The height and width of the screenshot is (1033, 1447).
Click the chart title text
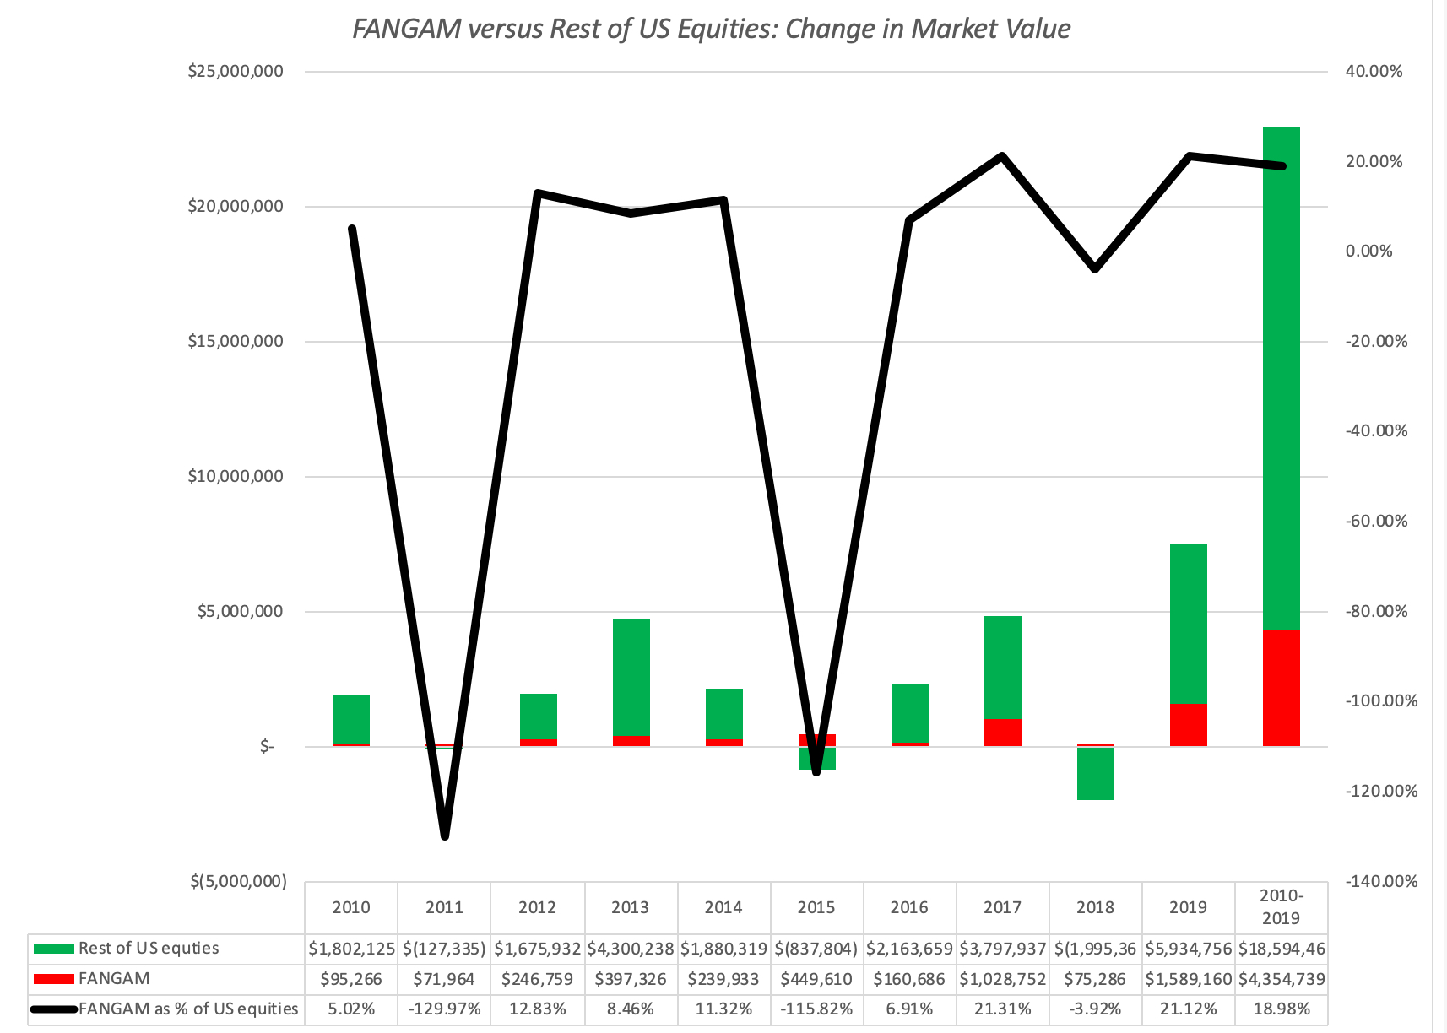coord(711,30)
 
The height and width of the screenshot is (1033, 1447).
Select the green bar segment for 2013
coord(631,677)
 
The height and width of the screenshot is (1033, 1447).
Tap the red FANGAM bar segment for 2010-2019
coord(1281,687)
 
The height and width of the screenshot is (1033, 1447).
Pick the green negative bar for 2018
coord(1095,773)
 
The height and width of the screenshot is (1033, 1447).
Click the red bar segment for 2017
coord(1002,732)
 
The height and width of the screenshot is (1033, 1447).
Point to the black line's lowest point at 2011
coord(445,835)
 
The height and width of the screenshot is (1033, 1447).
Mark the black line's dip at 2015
coord(816,771)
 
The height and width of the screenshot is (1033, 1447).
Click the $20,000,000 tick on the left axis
coord(236,207)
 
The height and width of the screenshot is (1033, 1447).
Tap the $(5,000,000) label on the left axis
coord(238,882)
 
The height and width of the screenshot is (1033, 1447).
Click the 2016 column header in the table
coord(908,908)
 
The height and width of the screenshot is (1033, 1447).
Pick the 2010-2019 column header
coord(1281,907)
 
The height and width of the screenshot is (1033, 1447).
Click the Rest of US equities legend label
coord(149,949)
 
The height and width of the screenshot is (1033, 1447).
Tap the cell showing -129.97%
coord(445,1009)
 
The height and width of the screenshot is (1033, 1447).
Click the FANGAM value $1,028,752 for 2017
coord(1002,979)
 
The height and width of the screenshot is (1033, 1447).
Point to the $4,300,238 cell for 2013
coord(631,949)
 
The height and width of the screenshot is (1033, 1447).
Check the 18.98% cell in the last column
coord(1281,1009)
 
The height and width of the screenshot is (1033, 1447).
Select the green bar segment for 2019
coord(1188,623)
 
